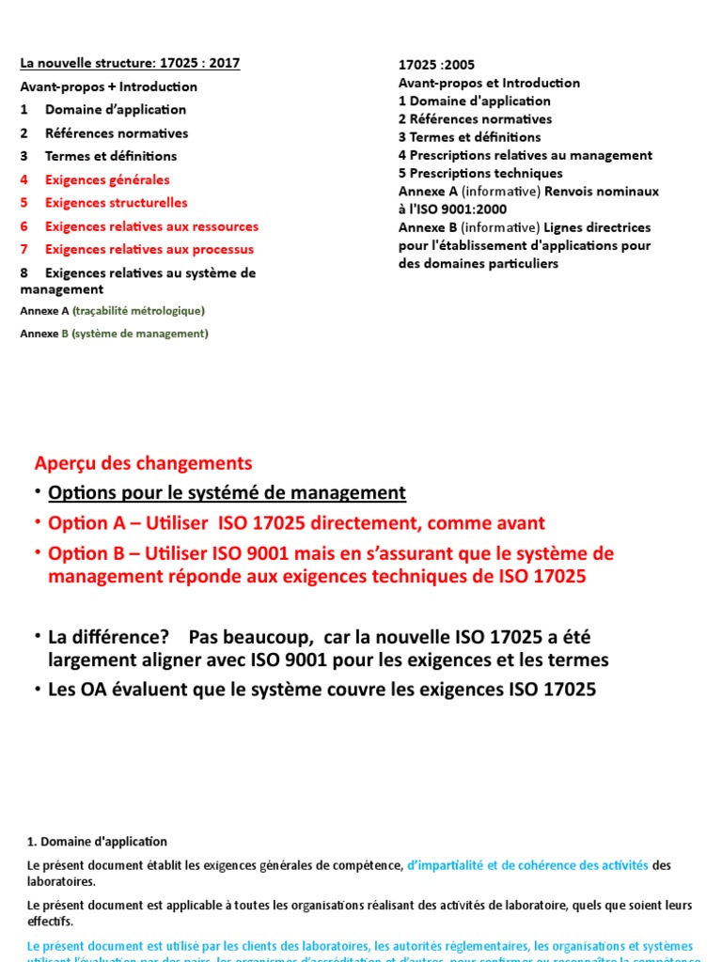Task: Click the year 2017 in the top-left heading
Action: click(x=224, y=63)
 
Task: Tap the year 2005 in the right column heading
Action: click(x=459, y=65)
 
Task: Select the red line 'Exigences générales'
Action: click(x=107, y=179)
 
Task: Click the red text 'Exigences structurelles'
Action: click(x=116, y=203)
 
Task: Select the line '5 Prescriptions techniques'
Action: click(x=480, y=173)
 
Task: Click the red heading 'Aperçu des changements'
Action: click(x=143, y=463)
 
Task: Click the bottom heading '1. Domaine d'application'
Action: click(x=93, y=842)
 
